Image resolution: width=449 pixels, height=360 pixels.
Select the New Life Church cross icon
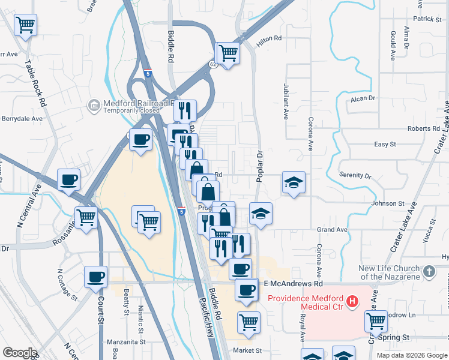(x=429, y=272)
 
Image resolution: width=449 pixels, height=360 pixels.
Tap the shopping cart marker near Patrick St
(x=25, y=25)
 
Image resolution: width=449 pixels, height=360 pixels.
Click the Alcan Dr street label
(x=363, y=98)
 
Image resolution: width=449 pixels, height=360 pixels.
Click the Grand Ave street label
(x=333, y=230)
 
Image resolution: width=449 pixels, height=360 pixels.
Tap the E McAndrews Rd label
(x=293, y=283)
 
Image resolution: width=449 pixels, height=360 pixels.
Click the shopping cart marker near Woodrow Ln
(x=376, y=320)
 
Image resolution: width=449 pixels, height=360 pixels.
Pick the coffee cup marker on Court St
(x=96, y=277)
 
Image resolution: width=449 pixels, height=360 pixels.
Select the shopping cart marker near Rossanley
(x=86, y=217)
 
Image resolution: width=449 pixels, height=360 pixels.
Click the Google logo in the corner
(x=20, y=352)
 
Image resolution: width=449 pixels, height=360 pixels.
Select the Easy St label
(x=385, y=145)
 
